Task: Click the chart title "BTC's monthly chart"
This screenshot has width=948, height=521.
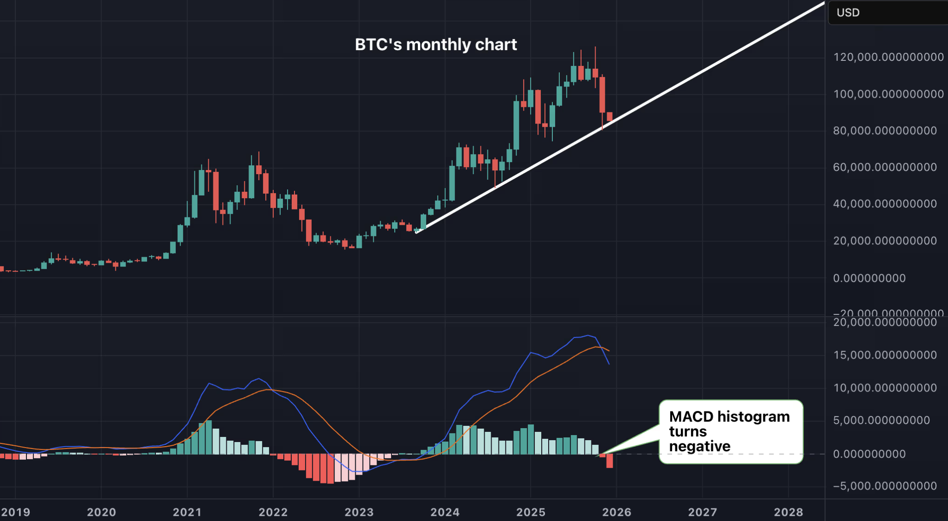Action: pyautogui.click(x=436, y=45)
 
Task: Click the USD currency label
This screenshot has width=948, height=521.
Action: pyautogui.click(x=848, y=13)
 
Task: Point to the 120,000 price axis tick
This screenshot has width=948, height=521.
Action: pyautogui.click(x=888, y=57)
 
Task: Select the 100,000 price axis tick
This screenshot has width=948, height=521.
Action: pyautogui.click(x=888, y=94)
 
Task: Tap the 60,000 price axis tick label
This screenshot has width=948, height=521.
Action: pyautogui.click(x=884, y=167)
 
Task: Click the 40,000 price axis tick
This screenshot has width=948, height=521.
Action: pyautogui.click(x=884, y=204)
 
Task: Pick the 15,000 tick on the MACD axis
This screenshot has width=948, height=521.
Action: pyautogui.click(x=884, y=355)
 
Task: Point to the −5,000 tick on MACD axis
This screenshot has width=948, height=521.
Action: pyautogui.click(x=884, y=486)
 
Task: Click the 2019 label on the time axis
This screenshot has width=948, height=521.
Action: pyautogui.click(x=16, y=512)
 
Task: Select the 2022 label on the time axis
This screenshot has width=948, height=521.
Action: pyautogui.click(x=273, y=512)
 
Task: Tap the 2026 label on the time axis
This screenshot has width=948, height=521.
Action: pyautogui.click(x=616, y=512)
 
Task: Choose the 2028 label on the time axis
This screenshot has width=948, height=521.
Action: pyautogui.click(x=788, y=512)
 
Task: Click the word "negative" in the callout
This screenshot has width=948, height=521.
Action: pyautogui.click(x=699, y=447)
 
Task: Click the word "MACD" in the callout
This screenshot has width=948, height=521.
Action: pyautogui.click(x=691, y=417)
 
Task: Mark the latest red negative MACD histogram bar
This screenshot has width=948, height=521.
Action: pyautogui.click(x=609, y=461)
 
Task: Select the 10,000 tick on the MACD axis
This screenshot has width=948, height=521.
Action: pyautogui.click(x=884, y=388)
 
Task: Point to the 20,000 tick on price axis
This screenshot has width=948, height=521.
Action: pyautogui.click(x=884, y=241)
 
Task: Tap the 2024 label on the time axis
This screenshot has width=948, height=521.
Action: pyautogui.click(x=445, y=512)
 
